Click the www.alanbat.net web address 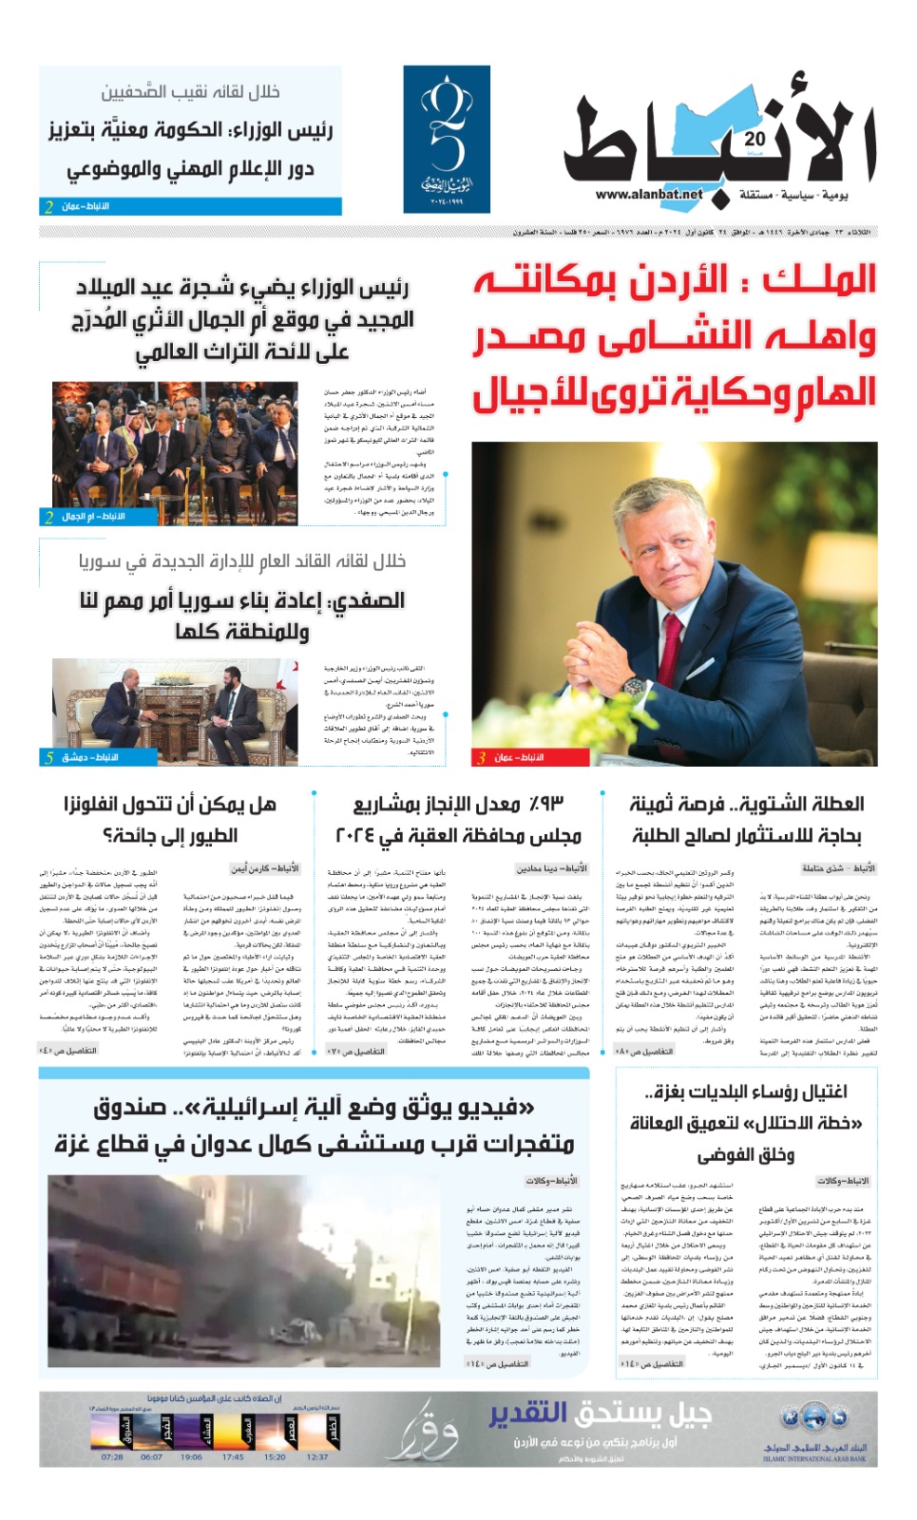click(649, 194)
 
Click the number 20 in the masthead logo click(755, 139)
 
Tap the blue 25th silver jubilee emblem click(447, 139)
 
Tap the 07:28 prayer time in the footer click(112, 1456)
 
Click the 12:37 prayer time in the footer click(317, 1456)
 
